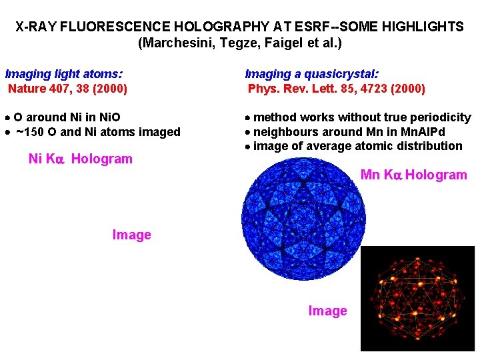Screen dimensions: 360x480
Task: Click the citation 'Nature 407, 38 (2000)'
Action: (x=67, y=88)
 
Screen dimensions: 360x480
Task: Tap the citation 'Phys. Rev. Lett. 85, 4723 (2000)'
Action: (x=336, y=88)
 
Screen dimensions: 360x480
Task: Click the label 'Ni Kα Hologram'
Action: (x=80, y=159)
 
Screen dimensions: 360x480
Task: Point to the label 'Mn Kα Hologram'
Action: (x=413, y=175)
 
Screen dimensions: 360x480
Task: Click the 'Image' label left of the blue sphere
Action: (x=131, y=235)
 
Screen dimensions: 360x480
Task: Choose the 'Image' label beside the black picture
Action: (x=327, y=311)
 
